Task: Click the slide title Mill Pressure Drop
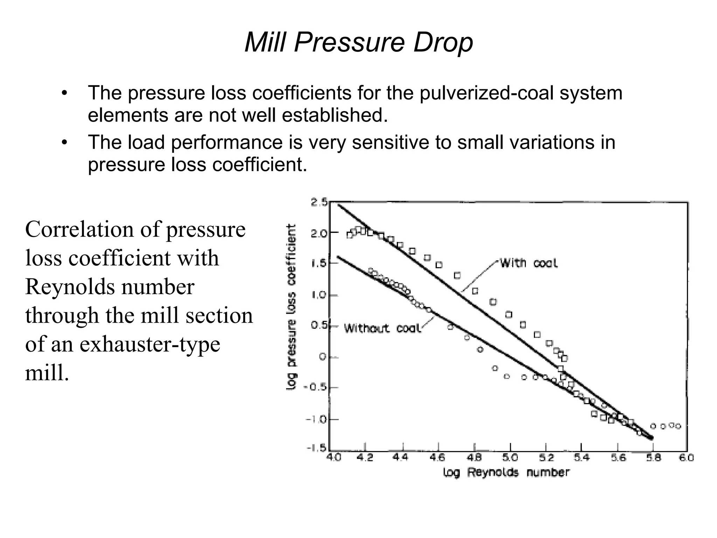tap(358, 43)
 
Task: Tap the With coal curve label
tap(528, 263)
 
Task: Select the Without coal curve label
tap(382, 328)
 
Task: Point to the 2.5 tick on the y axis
tap(319, 202)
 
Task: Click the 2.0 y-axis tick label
tap(319, 233)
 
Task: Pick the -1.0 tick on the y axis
tap(316, 419)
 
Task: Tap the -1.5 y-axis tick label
tap(316, 449)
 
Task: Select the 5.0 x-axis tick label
tap(510, 458)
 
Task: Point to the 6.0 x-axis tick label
tap(687, 458)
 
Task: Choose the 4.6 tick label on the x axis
tap(438, 458)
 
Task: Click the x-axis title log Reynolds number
tap(506, 473)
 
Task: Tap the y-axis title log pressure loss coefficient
tap(292, 307)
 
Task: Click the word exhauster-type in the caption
tap(149, 344)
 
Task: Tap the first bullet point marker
tap(64, 94)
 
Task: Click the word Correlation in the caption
tap(79, 229)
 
